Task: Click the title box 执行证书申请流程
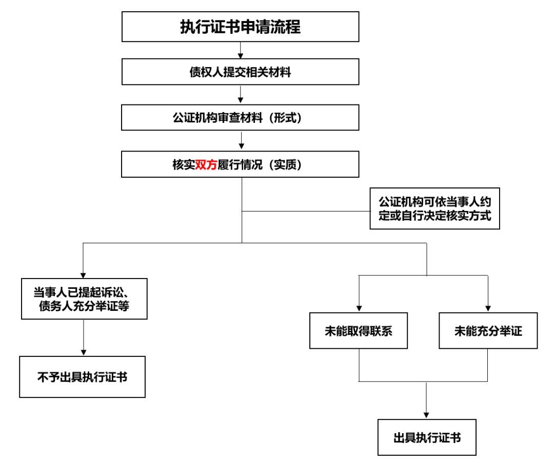tap(240, 27)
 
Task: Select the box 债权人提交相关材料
tap(240, 72)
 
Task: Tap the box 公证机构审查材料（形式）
tap(240, 118)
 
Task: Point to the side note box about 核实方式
tap(434, 208)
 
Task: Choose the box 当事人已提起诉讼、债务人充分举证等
tap(84, 299)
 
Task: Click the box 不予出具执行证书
tap(82, 377)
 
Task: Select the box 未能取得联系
tap(359, 331)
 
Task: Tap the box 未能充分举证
tap(488, 331)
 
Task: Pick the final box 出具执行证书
tap(427, 438)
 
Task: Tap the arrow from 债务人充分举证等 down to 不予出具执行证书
tap(84, 338)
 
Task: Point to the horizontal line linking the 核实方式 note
tap(306, 210)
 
